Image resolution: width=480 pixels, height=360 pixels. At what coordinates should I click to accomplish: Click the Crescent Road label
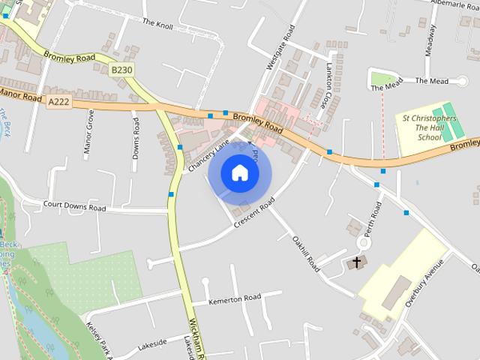(255, 213)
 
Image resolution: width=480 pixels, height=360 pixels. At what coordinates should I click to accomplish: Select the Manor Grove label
(89, 131)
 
